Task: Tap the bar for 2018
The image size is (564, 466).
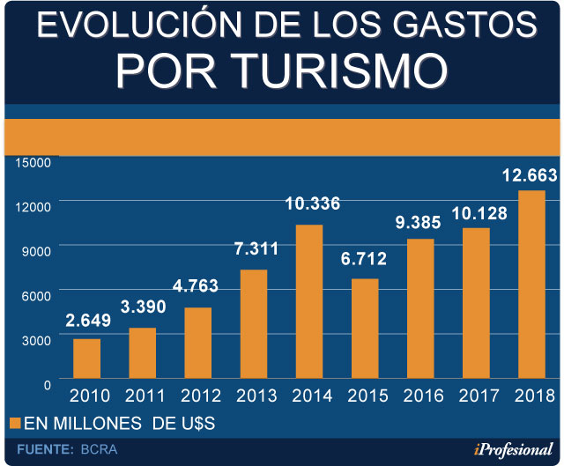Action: click(x=531, y=285)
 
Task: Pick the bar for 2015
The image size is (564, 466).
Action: click(x=365, y=329)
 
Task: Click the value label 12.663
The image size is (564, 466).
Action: click(x=530, y=174)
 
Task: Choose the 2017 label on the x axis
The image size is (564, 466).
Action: click(x=477, y=396)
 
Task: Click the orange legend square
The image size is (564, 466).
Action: click(x=13, y=424)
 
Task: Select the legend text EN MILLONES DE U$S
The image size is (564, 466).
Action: click(x=119, y=424)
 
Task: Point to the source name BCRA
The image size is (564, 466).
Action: click(x=98, y=449)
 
